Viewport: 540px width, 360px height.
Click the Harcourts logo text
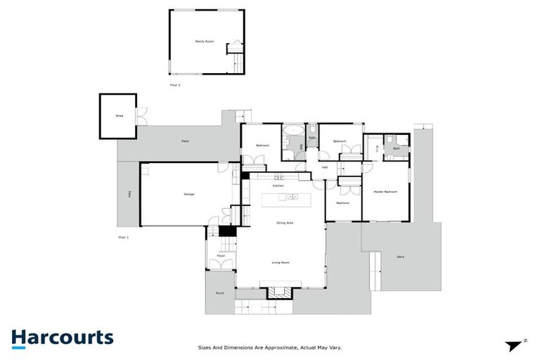click(62, 337)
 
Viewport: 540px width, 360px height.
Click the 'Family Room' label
click(204, 41)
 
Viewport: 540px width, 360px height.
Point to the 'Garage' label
click(189, 194)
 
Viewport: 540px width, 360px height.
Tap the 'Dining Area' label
click(285, 222)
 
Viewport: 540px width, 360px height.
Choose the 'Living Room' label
click(281, 262)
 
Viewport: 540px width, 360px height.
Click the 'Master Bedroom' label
click(385, 192)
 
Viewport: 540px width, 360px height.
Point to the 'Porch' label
click(220, 294)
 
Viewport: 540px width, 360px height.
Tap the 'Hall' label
click(325, 167)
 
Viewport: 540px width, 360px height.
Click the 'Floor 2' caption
click(175, 84)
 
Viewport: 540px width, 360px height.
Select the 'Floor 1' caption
click(124, 238)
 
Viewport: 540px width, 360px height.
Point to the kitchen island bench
click(285, 201)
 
